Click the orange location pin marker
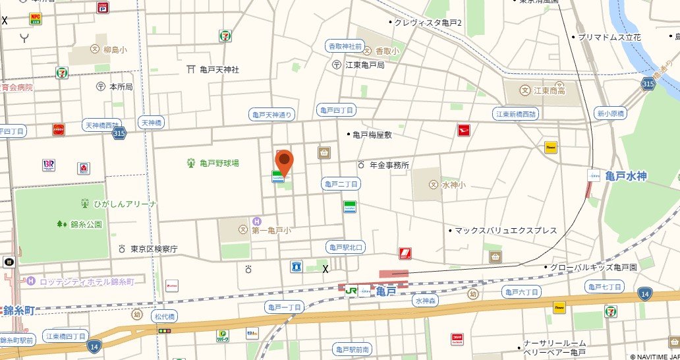(x=284, y=162)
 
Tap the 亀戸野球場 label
(x=219, y=163)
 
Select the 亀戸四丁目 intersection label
(x=335, y=109)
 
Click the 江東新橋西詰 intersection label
(x=517, y=114)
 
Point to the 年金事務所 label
(x=389, y=165)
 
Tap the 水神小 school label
(x=453, y=185)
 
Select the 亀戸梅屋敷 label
(x=372, y=135)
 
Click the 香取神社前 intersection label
(x=345, y=46)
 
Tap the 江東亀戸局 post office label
(x=366, y=65)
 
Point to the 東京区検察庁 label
(x=153, y=249)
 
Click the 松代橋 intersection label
(x=164, y=316)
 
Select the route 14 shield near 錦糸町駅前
(x=95, y=345)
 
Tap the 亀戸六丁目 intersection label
(x=521, y=291)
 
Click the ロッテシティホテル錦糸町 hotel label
(x=87, y=282)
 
